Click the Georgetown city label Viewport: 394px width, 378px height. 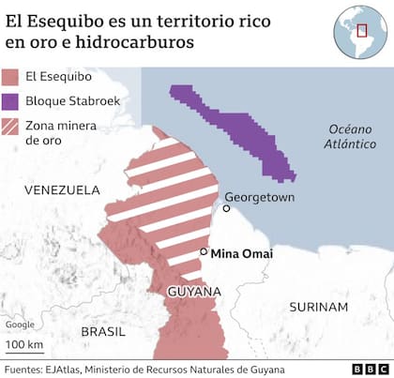[x=260, y=198]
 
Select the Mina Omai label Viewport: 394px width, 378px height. [x=242, y=252]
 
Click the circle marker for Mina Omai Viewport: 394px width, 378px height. [x=204, y=252]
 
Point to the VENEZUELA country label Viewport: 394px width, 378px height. [x=62, y=189]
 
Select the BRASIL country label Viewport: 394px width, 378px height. [x=102, y=331]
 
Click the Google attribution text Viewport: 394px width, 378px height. [x=21, y=325]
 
